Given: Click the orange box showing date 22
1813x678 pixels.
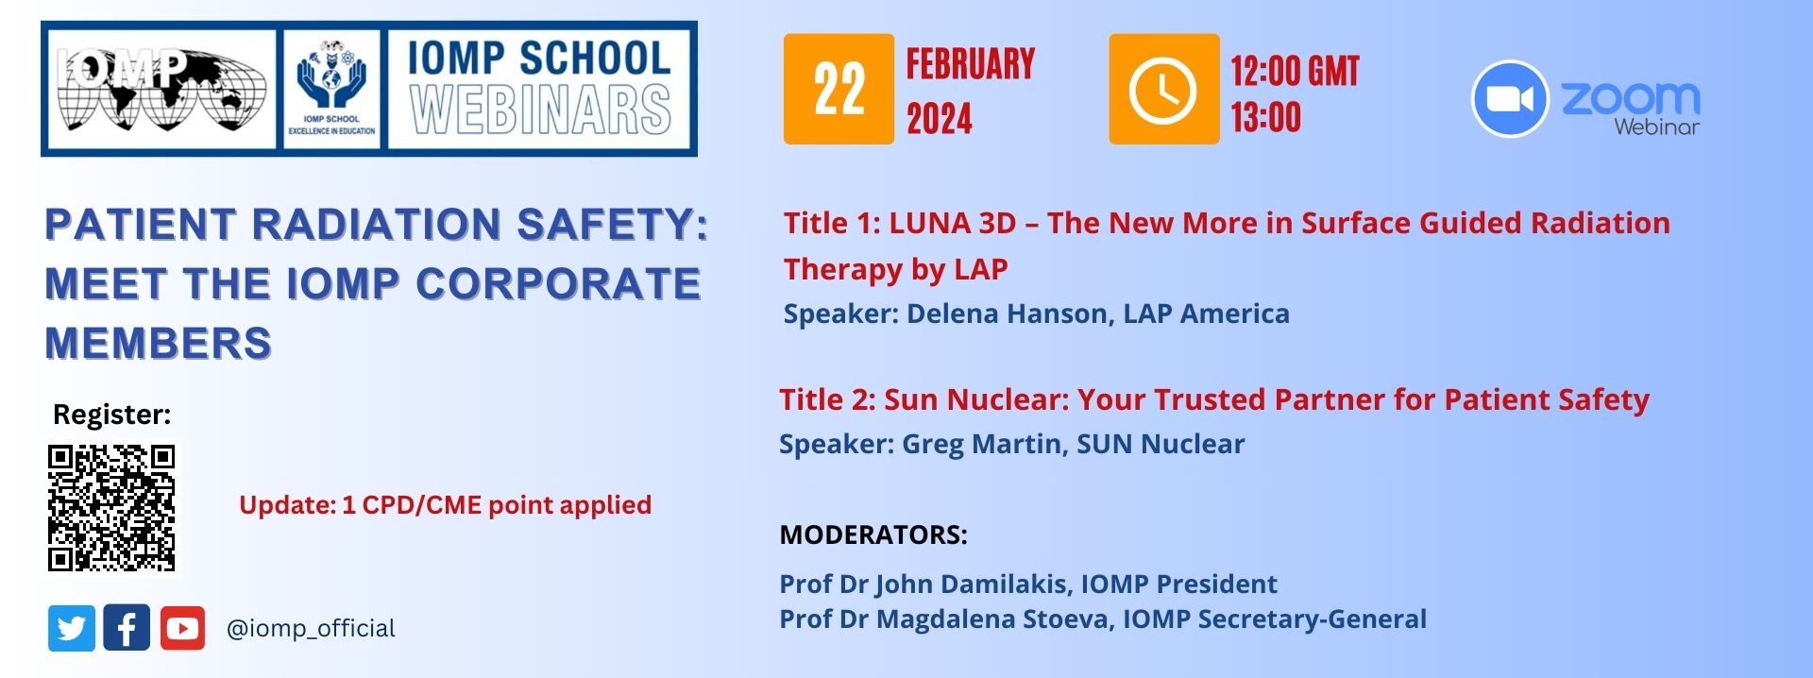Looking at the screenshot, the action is tap(839, 89).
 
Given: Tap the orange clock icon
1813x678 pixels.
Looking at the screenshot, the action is tap(1163, 89).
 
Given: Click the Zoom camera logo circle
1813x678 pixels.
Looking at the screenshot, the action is tap(1509, 99).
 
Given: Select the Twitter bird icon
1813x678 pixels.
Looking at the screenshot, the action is tap(72, 628).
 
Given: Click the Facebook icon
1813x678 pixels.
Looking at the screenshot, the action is tap(127, 628).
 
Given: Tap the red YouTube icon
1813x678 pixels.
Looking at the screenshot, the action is tap(182, 628).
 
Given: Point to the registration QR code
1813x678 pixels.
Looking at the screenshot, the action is tap(111, 508).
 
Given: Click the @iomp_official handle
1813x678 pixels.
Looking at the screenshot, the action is tap(311, 628).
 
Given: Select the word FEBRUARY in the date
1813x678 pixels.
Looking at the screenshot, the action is tap(971, 64).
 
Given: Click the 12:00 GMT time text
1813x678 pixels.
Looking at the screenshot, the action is tap(1295, 71).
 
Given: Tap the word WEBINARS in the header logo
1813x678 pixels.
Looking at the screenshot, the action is tap(541, 110).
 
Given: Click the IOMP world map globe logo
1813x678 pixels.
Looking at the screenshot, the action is tap(161, 89).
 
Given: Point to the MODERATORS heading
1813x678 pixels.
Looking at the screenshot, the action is tap(873, 534).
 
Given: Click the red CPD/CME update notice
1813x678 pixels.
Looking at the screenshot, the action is tap(445, 505).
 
